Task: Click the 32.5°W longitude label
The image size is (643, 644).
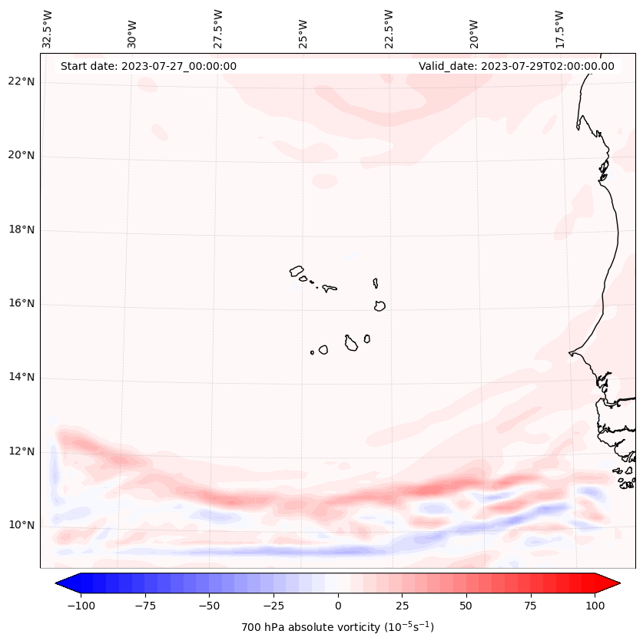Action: point(48,28)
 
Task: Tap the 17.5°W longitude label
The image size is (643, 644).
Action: point(559,28)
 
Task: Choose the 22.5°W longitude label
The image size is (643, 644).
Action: point(389,28)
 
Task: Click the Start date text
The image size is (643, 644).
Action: point(148,66)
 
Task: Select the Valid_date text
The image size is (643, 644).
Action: point(516,66)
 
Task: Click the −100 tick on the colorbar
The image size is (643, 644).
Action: point(81,606)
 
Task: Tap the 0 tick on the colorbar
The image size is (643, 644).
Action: point(338,606)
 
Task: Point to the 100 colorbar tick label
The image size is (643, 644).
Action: point(595,606)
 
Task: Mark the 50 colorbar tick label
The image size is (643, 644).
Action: point(466,606)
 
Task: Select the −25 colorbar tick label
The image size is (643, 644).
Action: point(273,606)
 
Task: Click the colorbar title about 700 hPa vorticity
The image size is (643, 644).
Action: point(337,627)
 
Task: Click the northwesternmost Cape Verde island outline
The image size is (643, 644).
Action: point(297,271)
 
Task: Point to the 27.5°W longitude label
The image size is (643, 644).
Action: point(218,28)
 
